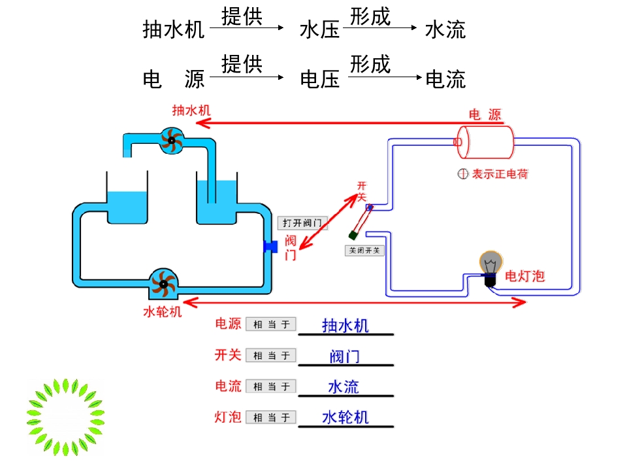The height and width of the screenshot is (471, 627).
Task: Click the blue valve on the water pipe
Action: coord(269,247)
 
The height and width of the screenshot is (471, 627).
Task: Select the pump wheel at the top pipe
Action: coord(172,139)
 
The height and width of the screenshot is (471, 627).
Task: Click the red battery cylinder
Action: coord(485,141)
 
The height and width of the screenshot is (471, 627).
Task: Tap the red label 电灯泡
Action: coord(524,277)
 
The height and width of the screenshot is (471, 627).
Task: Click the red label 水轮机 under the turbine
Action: coord(162,311)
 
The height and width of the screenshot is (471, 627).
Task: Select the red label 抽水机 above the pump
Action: coord(191,111)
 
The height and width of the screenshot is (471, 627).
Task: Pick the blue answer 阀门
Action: coord(345,357)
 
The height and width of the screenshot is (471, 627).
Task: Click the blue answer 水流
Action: coord(344,387)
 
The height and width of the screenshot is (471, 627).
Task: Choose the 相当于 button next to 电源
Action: coord(271,324)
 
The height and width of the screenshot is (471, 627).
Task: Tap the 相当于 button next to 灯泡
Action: coord(271,417)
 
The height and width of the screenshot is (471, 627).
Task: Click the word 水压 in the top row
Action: coord(319,29)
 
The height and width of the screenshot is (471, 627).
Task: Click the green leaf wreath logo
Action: coord(65,417)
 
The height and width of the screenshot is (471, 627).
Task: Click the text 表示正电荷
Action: coord(500,174)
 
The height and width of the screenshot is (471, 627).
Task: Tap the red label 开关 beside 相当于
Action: coord(228,355)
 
